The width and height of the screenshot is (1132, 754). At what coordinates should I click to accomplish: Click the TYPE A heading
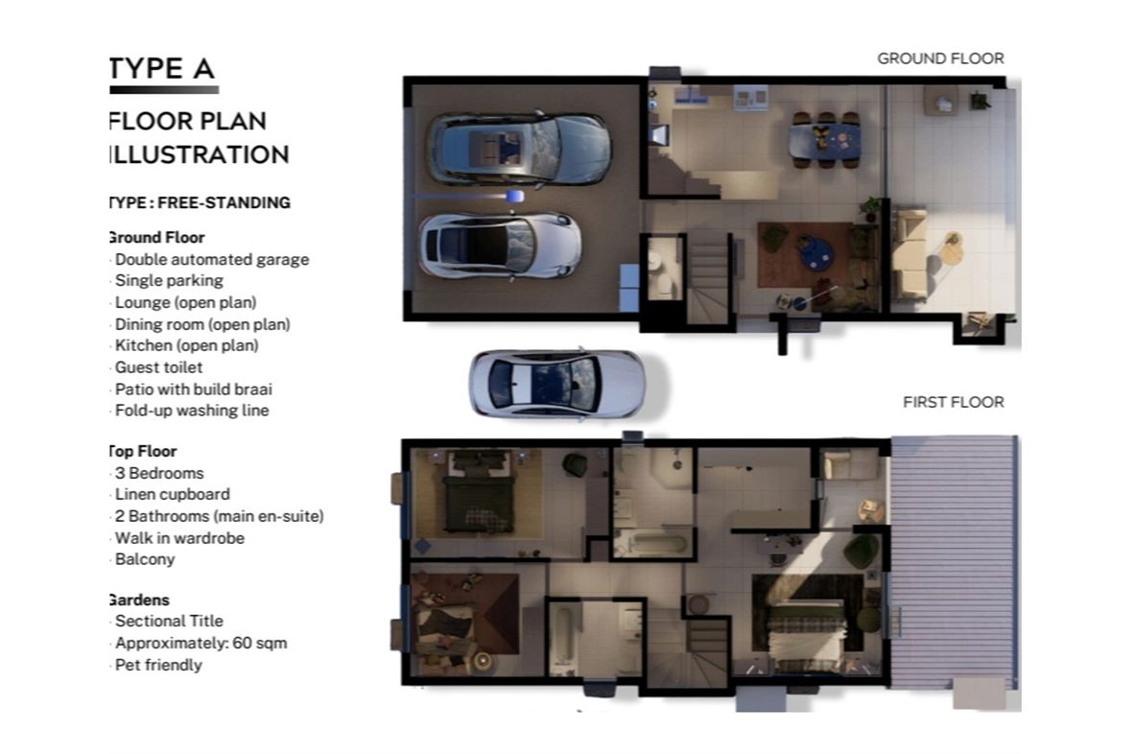[x=162, y=69]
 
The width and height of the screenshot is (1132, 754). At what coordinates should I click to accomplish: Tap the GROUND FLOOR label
[x=940, y=59]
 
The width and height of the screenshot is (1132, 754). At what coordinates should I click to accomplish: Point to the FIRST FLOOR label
[x=953, y=402]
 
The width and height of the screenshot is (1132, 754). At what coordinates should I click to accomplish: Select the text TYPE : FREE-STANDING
[x=200, y=203]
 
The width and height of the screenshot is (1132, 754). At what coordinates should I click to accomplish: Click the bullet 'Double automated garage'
[x=211, y=259]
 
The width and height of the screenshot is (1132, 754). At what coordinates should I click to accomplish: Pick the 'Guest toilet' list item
[x=158, y=367]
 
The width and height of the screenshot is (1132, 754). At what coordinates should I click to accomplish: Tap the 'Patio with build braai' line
[x=193, y=389]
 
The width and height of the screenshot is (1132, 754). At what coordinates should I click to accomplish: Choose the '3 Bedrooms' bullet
[x=159, y=473]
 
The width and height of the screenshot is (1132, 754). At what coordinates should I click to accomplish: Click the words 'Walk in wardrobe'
[x=179, y=538]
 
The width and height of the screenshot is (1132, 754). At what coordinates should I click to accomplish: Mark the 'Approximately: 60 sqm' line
[x=200, y=643]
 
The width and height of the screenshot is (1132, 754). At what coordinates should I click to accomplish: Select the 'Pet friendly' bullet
[x=158, y=665]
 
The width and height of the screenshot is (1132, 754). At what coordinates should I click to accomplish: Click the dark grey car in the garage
[x=518, y=149]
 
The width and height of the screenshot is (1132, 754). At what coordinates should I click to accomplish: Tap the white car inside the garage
[x=500, y=245]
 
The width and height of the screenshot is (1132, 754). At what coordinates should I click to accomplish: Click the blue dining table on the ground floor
[x=824, y=140]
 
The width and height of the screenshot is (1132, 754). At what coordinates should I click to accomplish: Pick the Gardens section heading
[x=139, y=601]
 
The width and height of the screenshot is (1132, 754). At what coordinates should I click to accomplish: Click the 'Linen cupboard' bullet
[x=172, y=495]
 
